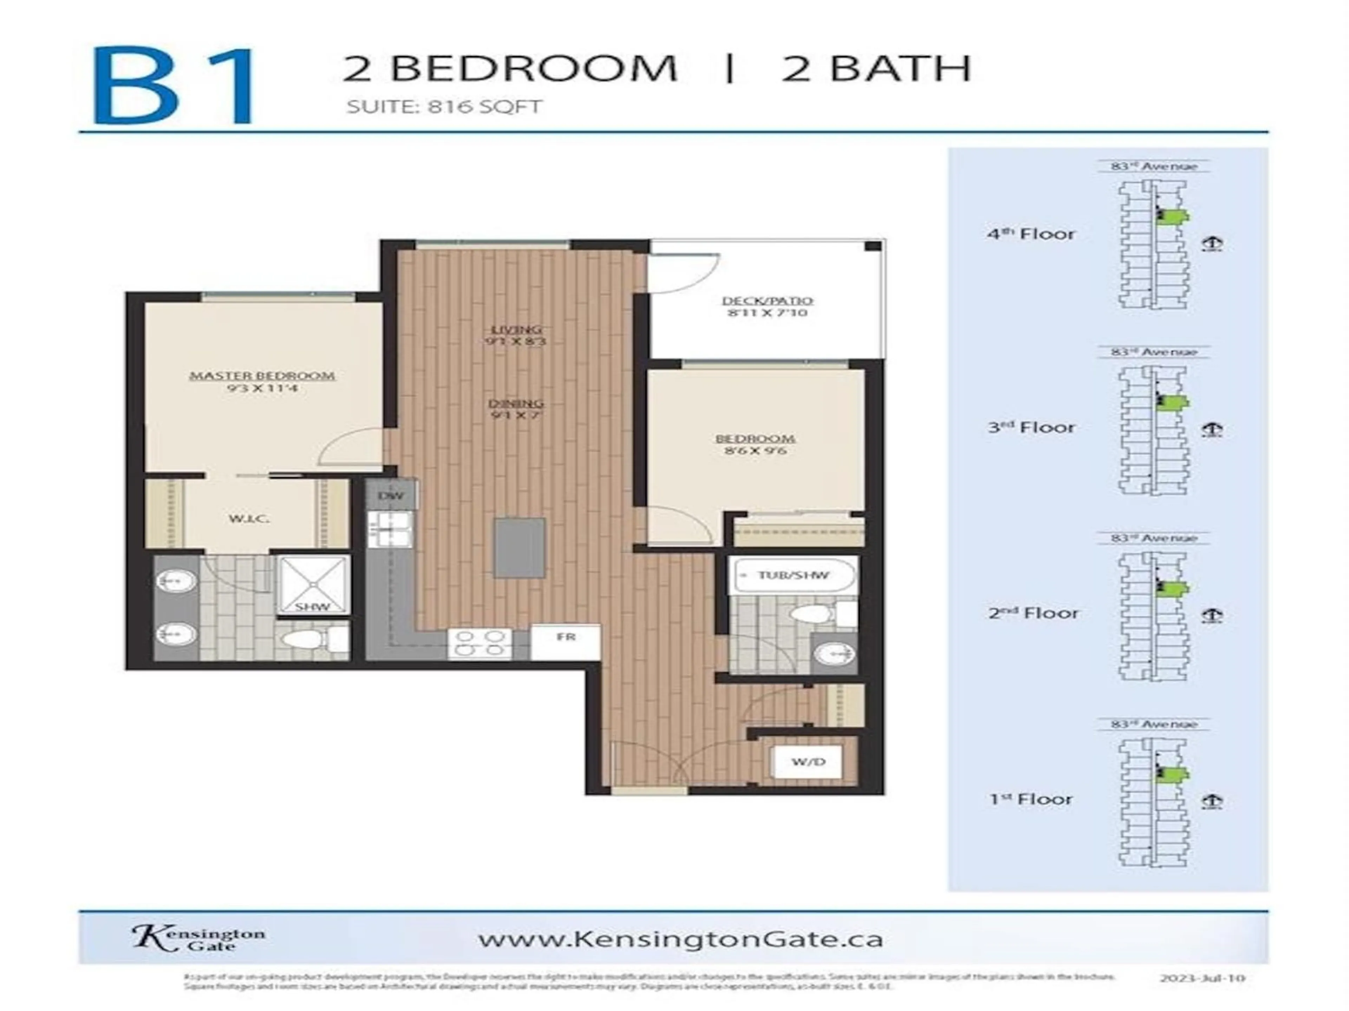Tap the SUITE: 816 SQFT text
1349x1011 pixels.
444,107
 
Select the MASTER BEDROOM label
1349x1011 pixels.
262,376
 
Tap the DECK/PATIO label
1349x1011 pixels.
767,300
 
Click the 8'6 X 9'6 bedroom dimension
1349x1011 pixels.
755,451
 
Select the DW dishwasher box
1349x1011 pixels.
391,495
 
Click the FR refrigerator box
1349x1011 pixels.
565,637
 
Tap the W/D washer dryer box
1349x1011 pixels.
808,762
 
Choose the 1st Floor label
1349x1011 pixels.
1031,799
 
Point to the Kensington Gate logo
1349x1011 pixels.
198,938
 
